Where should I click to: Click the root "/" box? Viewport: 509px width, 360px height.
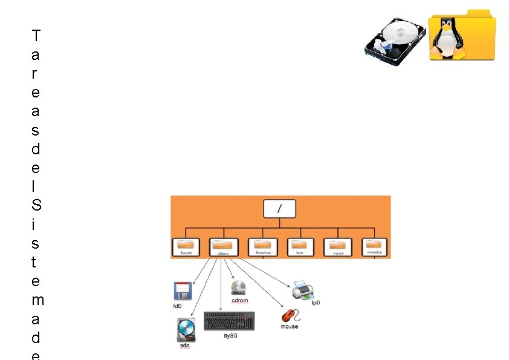(x=279, y=209)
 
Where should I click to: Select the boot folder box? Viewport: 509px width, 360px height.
(x=186, y=247)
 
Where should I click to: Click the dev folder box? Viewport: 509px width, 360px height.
(x=224, y=247)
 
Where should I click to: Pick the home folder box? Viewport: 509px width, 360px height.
(x=263, y=247)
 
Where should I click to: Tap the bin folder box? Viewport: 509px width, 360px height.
(x=300, y=247)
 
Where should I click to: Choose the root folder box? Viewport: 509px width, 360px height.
(x=338, y=247)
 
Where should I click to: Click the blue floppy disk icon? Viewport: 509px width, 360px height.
(x=182, y=291)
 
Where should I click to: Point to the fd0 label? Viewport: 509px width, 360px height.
(x=177, y=306)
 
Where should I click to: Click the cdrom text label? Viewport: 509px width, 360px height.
(x=239, y=300)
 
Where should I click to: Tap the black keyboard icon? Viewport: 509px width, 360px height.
(x=229, y=321)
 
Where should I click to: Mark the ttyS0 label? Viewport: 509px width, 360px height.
(x=230, y=335)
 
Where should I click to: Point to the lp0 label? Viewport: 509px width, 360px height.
(x=316, y=303)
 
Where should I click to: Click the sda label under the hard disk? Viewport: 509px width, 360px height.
(x=185, y=346)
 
